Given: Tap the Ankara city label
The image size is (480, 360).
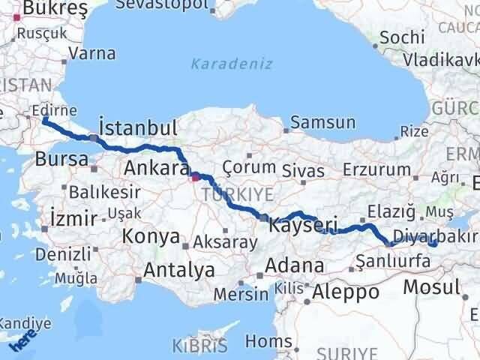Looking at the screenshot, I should coord(155,167).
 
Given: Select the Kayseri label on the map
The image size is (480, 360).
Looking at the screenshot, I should coord(303,225).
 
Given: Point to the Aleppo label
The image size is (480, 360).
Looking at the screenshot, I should coord(346,292).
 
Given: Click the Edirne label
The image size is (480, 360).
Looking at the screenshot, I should coord(55,111).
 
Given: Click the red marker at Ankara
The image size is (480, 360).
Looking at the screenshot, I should coord(195,178).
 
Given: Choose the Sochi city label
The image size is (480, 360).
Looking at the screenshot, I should coord(402,37).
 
